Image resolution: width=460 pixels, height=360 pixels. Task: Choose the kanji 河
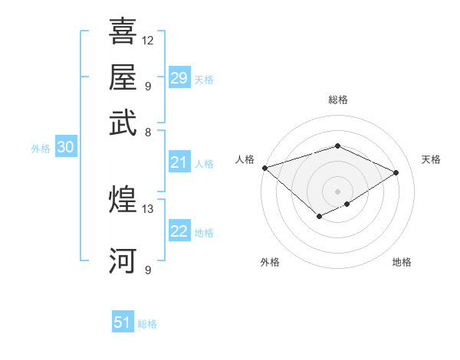(x=123, y=260)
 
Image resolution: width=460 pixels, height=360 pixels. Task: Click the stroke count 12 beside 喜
(x=148, y=40)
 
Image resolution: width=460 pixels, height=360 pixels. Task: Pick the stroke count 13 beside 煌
(x=148, y=208)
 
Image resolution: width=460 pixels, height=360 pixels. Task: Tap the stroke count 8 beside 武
(x=148, y=132)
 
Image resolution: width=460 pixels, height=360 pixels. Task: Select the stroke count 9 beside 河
(x=148, y=270)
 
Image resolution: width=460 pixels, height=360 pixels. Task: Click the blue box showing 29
(x=179, y=78)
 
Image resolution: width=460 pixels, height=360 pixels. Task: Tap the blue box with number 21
(x=179, y=162)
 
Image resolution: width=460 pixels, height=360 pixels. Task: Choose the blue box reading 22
(x=179, y=231)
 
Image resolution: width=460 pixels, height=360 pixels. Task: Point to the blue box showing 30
(x=65, y=148)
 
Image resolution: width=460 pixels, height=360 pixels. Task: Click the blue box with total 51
(x=123, y=322)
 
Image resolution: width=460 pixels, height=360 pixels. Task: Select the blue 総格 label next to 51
(x=147, y=324)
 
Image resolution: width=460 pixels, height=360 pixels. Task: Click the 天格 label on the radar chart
(x=431, y=159)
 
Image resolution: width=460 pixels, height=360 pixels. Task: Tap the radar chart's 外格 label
(x=270, y=262)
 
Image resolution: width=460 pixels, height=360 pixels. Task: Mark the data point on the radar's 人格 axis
(x=264, y=167)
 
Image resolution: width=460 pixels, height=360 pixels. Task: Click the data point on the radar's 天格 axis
(x=396, y=172)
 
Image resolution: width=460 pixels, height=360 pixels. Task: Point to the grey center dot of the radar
(x=337, y=191)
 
